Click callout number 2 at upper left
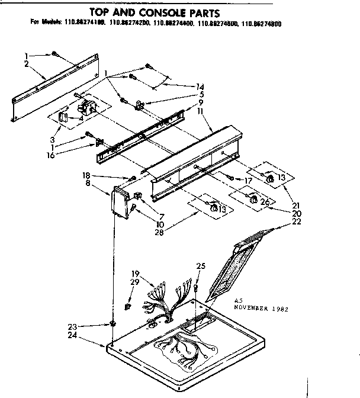pos(27,63)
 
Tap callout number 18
pos(86,176)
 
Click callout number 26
pos(265,202)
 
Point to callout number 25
pos(201,267)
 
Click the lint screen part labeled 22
pos(234,267)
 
